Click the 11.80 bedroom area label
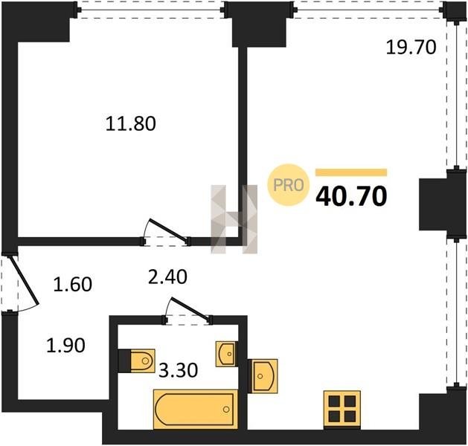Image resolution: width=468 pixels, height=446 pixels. click(131, 123)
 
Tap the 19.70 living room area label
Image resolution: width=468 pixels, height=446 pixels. click(411, 48)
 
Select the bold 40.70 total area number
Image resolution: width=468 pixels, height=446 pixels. click(351, 197)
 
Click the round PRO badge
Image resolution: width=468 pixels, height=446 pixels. click(289, 185)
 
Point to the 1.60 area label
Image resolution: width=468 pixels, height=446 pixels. click(72, 284)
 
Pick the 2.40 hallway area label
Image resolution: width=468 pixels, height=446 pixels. click(167, 277)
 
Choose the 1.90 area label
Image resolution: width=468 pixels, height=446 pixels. click(66, 346)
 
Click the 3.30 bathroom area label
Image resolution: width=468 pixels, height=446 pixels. click(178, 371)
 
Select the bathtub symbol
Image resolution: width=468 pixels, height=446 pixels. click(196, 409)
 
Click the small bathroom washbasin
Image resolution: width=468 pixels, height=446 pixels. click(227, 354)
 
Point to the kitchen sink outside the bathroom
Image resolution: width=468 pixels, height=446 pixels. click(263, 376)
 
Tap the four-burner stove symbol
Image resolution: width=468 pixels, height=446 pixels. click(342, 409)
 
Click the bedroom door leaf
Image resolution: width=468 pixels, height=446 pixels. click(169, 230)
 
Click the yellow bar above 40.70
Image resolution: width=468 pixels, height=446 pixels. click(351, 172)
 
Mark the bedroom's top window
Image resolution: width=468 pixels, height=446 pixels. click(151, 10)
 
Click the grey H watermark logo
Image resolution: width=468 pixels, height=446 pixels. click(234, 219)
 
